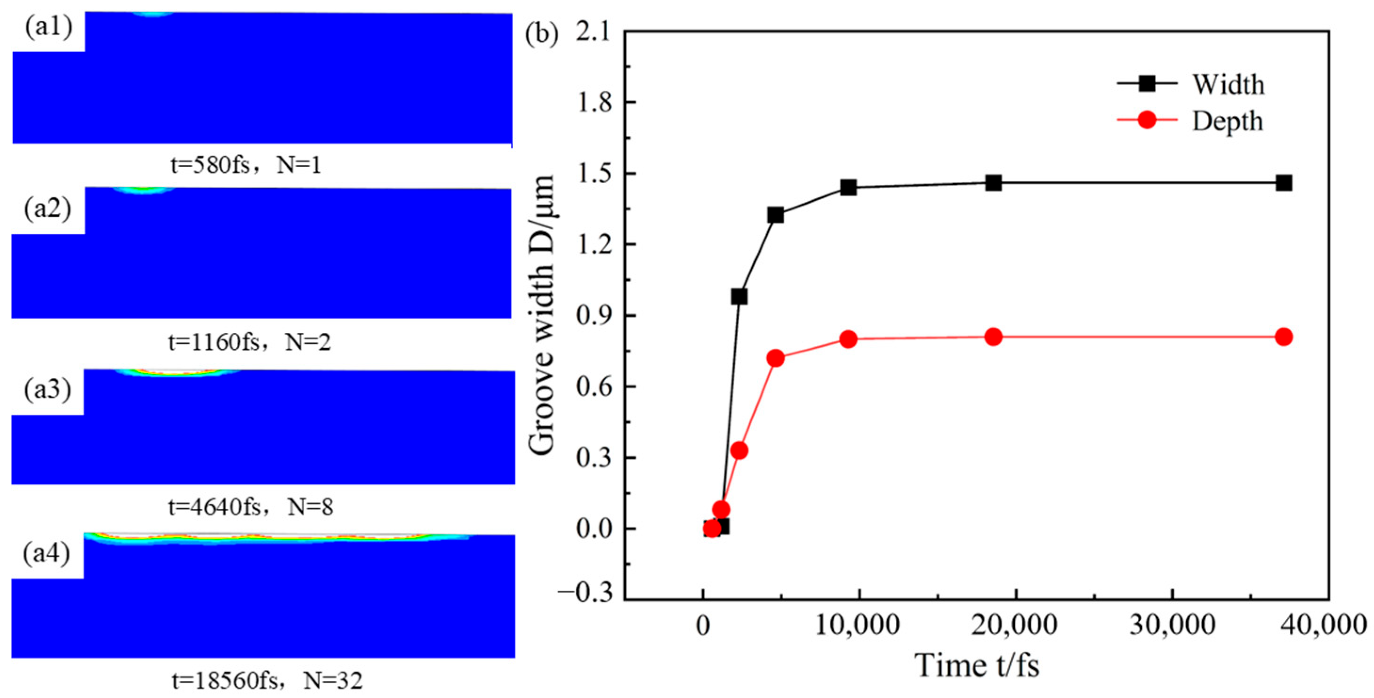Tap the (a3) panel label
(48, 390)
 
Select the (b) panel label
(542, 34)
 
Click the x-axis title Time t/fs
(977, 666)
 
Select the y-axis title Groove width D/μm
(542, 314)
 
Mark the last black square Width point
(1283, 183)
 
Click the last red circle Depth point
(1283, 337)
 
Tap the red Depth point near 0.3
(739, 450)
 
